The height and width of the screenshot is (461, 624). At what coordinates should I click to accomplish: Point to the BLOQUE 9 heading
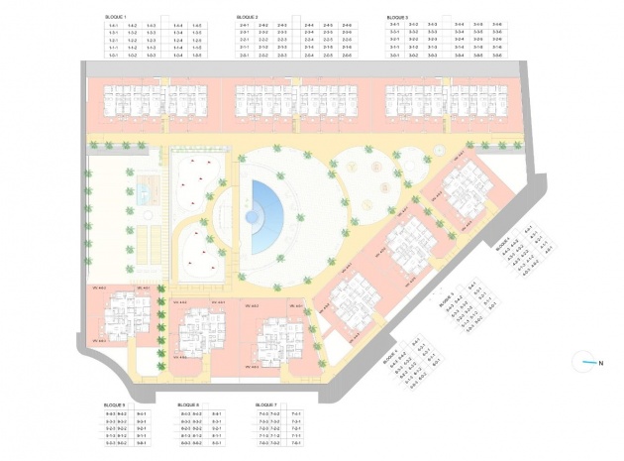point(116,405)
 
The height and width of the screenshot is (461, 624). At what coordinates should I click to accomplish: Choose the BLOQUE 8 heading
point(188,405)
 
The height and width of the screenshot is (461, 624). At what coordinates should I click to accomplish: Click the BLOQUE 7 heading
point(265,405)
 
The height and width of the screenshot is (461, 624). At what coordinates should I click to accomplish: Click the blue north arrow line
point(584,363)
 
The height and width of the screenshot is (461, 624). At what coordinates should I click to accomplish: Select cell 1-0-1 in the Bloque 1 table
point(115,56)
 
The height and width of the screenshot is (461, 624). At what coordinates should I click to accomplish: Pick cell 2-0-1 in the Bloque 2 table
point(246,56)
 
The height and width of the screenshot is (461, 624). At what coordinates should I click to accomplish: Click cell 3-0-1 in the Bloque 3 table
point(395,56)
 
